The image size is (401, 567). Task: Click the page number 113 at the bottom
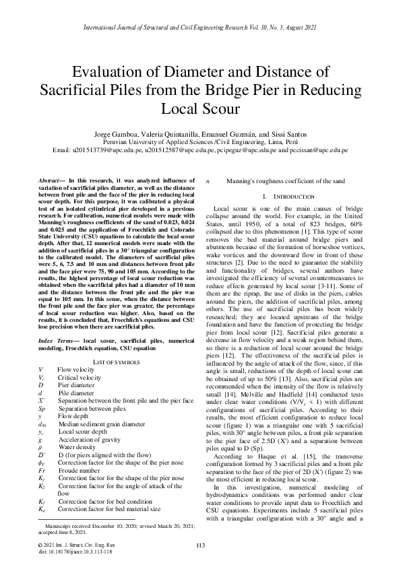[x=200, y=545]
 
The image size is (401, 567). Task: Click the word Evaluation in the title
[x=111, y=73]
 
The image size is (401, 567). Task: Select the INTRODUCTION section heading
[x=289, y=195]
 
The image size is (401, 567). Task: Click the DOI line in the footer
[x=75, y=551]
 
